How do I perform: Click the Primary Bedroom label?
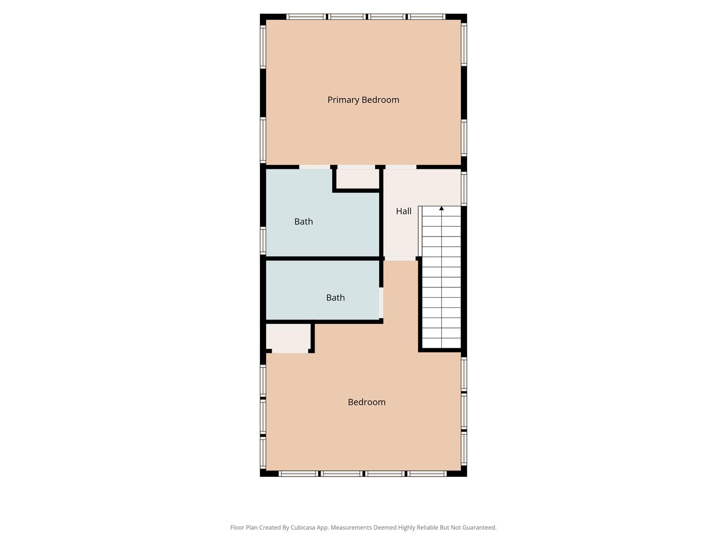click(x=363, y=100)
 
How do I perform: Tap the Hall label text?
click(x=403, y=211)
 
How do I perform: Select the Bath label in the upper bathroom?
click(x=303, y=221)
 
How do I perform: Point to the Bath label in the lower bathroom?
click(x=335, y=298)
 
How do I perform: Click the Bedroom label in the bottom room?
click(x=367, y=402)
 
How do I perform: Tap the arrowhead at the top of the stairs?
click(x=441, y=208)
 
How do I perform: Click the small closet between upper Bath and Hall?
click(x=358, y=179)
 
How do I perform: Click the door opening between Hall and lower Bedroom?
click(x=400, y=258)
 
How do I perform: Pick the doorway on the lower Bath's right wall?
click(x=381, y=303)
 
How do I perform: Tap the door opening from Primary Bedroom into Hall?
click(x=401, y=167)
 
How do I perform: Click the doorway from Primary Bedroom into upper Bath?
click(x=315, y=167)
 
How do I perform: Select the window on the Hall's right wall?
click(x=463, y=188)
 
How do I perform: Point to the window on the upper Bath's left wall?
click(x=263, y=240)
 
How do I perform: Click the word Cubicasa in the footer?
click(x=303, y=527)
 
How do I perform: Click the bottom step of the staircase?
click(x=441, y=343)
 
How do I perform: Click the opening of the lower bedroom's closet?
click(x=290, y=351)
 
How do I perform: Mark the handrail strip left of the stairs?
click(x=420, y=231)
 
